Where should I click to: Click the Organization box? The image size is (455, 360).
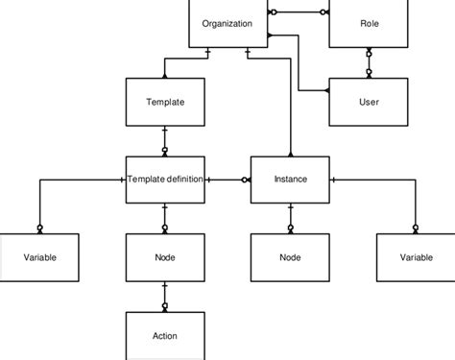click(227, 24)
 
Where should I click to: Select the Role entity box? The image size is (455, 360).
click(369, 24)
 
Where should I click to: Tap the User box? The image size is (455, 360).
click(369, 101)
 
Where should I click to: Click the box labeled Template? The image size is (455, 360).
click(165, 101)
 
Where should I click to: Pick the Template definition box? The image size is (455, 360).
click(165, 179)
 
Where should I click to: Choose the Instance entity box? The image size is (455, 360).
click(290, 179)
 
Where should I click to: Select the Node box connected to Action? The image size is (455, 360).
click(165, 256)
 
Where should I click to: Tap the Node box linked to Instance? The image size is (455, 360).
click(290, 256)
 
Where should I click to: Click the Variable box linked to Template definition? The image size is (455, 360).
click(39, 256)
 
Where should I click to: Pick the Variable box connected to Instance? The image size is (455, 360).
click(416, 256)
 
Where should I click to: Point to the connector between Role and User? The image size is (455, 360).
click(369, 62)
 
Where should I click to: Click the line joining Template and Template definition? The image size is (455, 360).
click(165, 140)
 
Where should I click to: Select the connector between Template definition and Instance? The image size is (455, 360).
click(227, 179)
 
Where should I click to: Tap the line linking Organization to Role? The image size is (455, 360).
click(298, 12)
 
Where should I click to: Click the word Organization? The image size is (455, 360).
click(227, 23)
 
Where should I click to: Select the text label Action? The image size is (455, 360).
click(165, 335)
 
